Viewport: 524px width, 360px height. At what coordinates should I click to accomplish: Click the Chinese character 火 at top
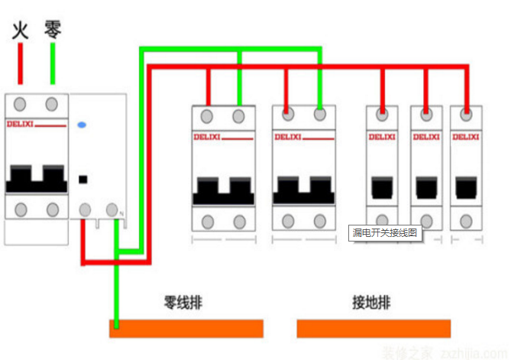(21, 31)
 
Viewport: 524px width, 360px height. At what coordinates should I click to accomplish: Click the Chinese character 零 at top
(52, 30)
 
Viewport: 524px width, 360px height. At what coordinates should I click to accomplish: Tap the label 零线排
(183, 303)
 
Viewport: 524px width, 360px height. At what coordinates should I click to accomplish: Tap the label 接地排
(371, 303)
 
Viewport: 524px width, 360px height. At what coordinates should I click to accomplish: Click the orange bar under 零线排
(186, 329)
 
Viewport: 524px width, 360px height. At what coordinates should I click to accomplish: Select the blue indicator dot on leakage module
(82, 123)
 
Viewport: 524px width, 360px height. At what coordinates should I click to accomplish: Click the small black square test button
(82, 181)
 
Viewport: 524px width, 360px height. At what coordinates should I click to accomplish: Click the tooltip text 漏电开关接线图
(385, 232)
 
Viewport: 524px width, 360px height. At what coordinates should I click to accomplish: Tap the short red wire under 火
(21, 63)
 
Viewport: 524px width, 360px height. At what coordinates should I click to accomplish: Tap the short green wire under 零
(52, 63)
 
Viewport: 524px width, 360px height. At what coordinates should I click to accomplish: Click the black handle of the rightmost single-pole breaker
(465, 186)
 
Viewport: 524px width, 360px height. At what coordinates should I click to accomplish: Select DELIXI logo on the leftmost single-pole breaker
(381, 138)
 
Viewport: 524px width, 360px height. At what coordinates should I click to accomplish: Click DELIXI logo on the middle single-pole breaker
(425, 138)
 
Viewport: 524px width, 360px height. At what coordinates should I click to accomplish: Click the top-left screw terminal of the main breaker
(21, 104)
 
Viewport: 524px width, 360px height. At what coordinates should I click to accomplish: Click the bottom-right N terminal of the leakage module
(113, 209)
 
